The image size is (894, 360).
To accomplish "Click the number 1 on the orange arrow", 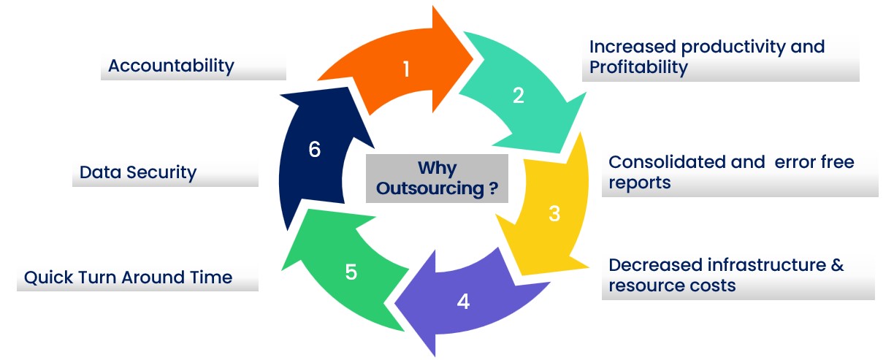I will (x=406, y=69).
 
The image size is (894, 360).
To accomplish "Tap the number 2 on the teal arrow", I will (x=518, y=96).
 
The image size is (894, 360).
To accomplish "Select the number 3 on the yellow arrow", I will (x=554, y=214).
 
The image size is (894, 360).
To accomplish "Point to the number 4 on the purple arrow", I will (x=463, y=301).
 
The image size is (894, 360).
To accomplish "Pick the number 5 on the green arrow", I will (x=351, y=272).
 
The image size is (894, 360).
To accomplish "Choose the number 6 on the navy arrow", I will (x=314, y=150).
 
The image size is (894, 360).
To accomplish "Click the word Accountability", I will (x=171, y=66).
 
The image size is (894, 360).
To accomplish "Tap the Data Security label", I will (x=138, y=173).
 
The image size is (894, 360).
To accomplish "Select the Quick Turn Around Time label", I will (x=128, y=277).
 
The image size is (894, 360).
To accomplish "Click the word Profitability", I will (x=638, y=68).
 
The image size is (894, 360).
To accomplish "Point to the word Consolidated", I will (x=665, y=161).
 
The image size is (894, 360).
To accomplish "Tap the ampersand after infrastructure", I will (x=837, y=264).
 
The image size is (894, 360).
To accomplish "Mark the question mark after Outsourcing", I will (x=494, y=189).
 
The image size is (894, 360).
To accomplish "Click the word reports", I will (x=639, y=183).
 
